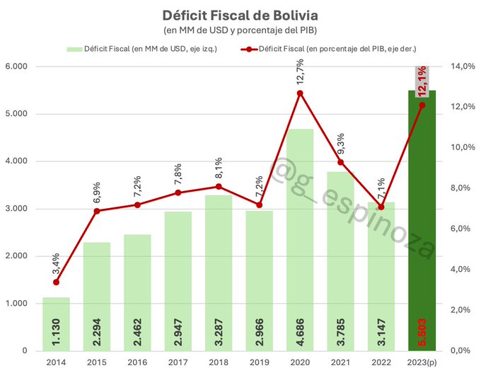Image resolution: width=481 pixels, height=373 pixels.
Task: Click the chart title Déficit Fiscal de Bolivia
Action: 240,15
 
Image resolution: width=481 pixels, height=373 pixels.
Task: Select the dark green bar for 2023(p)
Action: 422,212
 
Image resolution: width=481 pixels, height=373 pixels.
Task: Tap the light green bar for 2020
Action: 300,234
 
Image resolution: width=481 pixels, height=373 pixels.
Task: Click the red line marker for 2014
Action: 56,282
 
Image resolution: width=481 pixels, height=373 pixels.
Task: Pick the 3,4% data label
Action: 56,264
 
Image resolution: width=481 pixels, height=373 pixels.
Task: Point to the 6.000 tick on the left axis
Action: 18,67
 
